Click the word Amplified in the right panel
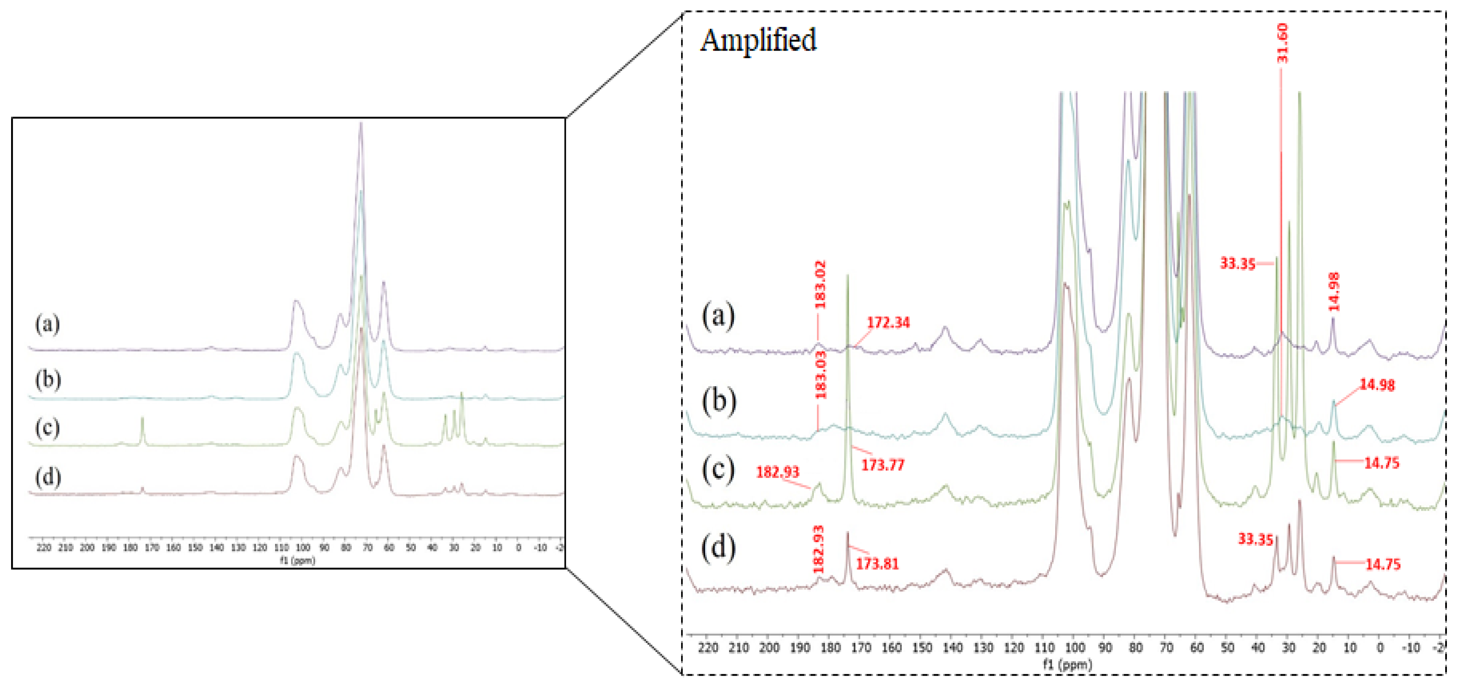(758, 39)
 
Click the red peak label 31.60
(1283, 43)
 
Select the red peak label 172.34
(888, 322)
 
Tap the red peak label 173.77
(883, 465)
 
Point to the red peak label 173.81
(877, 564)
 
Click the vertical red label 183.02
(820, 284)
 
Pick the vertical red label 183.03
(820, 375)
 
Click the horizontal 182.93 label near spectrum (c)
(777, 472)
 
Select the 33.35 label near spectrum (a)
(1237, 264)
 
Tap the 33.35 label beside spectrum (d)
(1255, 539)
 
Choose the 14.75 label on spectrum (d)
(1382, 564)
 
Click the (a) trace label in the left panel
(47, 324)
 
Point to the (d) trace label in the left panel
(47, 477)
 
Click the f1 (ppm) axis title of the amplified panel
(1067, 664)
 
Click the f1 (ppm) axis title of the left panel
(297, 560)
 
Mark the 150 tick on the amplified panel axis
(922, 647)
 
